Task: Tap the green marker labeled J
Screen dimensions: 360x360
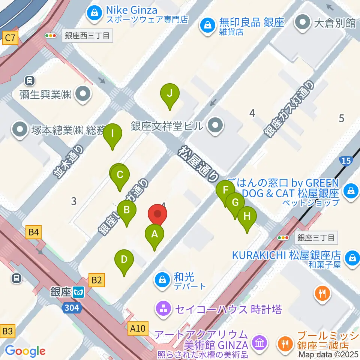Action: click(x=169, y=93)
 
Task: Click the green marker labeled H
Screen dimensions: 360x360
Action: click(x=247, y=217)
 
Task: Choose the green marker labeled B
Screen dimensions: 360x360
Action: click(x=127, y=210)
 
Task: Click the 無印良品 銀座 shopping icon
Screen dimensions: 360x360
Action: click(x=206, y=26)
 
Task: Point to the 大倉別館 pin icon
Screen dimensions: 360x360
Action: click(x=303, y=23)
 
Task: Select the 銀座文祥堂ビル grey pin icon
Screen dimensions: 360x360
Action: click(x=215, y=126)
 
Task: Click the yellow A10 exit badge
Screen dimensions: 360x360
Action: click(x=138, y=328)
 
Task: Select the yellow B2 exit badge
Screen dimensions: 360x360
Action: click(x=96, y=279)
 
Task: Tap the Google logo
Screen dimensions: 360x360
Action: click(x=25, y=351)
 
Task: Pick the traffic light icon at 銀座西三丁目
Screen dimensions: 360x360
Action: click(x=50, y=36)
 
